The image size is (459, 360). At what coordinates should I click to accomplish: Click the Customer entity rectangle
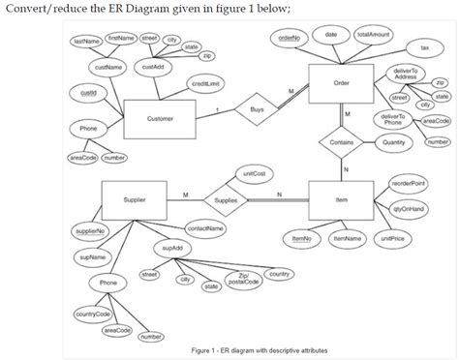160,119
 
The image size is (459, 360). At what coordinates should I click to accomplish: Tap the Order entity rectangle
340,84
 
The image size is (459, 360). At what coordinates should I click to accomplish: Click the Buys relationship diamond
255,110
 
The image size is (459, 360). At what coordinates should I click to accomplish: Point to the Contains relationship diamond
340,142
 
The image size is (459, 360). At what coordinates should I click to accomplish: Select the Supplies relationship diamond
225,199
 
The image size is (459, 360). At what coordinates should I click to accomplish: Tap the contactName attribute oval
204,228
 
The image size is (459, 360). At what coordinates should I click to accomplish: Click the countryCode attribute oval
89,315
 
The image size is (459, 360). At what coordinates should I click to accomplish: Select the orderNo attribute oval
288,36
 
